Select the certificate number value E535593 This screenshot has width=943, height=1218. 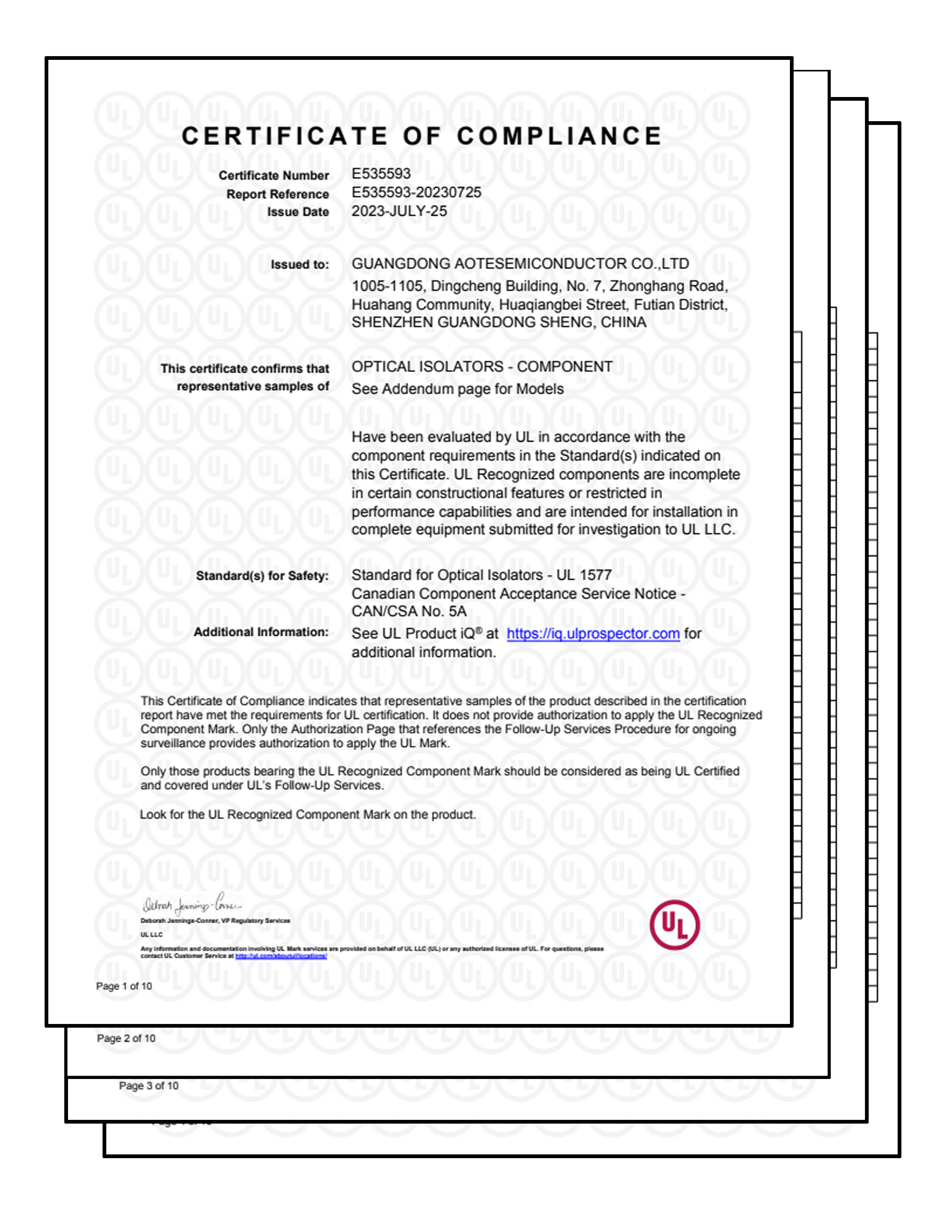click(381, 174)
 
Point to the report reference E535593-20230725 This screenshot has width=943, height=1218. click(416, 193)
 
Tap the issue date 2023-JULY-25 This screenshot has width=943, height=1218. click(399, 211)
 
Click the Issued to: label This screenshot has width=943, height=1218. click(299, 265)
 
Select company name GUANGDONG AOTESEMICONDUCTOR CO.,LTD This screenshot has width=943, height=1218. click(520, 264)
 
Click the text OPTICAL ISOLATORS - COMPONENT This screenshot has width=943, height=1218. click(482, 367)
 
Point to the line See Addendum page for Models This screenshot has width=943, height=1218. click(457, 389)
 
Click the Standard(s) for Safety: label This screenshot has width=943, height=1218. click(262, 576)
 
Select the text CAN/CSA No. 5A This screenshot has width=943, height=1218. click(409, 612)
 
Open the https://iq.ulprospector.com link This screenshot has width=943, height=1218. click(593, 634)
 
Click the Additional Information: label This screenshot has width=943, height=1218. click(261, 633)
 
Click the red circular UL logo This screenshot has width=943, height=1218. click(674, 925)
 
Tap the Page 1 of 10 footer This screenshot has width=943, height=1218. click(124, 986)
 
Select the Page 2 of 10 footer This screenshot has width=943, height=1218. click(126, 1038)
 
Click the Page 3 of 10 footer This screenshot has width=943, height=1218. click(148, 1086)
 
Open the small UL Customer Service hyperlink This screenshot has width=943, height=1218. click(281, 956)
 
